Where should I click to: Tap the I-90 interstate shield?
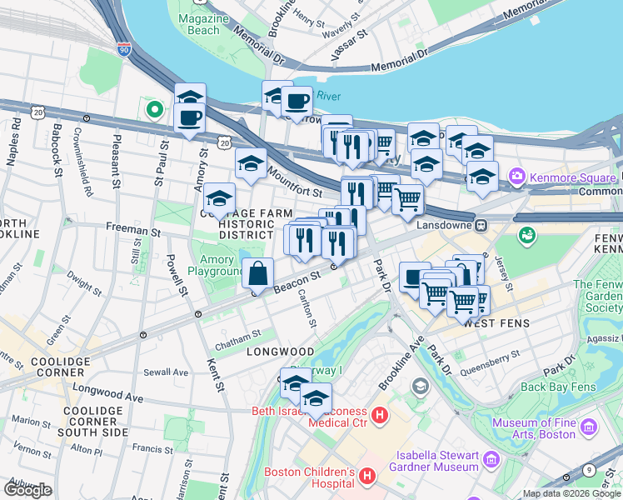pos(123,50)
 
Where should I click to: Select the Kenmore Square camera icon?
pos(517,175)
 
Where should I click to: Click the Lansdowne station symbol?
pos(481,225)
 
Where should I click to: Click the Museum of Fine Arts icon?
pos(591,427)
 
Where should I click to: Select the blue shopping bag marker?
pos(258,273)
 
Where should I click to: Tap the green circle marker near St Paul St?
pos(154,108)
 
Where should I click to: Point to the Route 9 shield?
pos(589,471)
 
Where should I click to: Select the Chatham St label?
pos(238,332)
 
